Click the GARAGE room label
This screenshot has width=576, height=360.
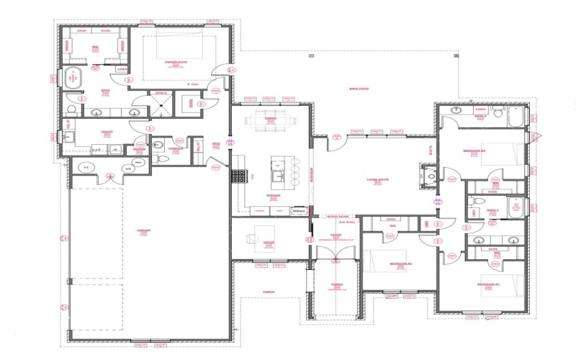coord(144,232)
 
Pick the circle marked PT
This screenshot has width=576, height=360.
coord(87,167)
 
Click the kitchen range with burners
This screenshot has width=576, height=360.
coord(239,175)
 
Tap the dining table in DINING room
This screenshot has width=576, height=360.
coord(271,120)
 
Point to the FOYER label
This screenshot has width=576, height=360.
coord(336,235)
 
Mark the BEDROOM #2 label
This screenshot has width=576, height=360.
coord(400,264)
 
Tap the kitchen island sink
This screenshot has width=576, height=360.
coord(276,175)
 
